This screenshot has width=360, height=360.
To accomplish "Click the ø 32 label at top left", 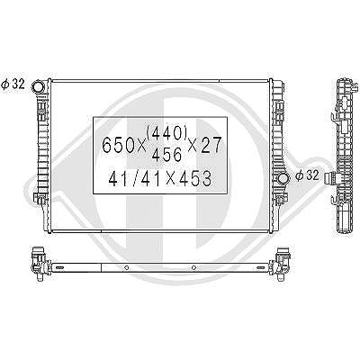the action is tap(13, 85).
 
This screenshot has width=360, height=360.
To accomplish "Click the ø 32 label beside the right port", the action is tap(307, 175).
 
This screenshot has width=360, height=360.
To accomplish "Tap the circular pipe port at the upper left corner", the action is tap(39, 86).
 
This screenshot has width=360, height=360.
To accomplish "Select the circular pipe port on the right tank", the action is tap(283, 178).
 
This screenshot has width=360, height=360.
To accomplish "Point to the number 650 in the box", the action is tap(120, 146).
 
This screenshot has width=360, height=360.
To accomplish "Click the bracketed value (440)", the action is tap(166, 133).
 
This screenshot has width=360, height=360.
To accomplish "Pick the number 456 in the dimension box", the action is tap(167, 155).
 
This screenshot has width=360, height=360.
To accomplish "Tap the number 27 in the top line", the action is tap(211, 145).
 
